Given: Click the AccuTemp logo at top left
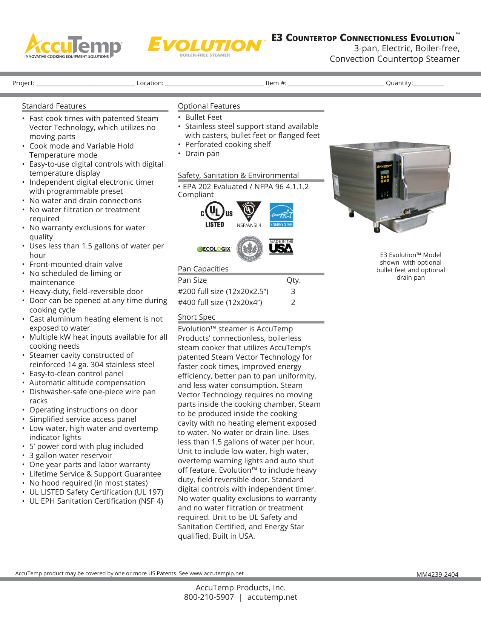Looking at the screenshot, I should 73,46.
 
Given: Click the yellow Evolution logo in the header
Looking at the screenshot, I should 205,46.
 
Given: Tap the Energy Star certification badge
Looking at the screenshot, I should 281,215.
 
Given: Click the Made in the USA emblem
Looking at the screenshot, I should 281,247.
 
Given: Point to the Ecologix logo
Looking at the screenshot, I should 214,249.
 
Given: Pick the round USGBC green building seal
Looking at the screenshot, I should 249,248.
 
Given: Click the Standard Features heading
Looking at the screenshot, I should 54,106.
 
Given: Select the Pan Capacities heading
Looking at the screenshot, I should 203,269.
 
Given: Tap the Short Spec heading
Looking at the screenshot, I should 197,317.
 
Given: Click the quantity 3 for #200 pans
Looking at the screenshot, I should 293,291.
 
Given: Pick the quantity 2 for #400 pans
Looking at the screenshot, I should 293,302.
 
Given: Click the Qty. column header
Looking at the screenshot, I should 294,280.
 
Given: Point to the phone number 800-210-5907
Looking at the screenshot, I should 209,597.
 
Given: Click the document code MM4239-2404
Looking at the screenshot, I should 437,575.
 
